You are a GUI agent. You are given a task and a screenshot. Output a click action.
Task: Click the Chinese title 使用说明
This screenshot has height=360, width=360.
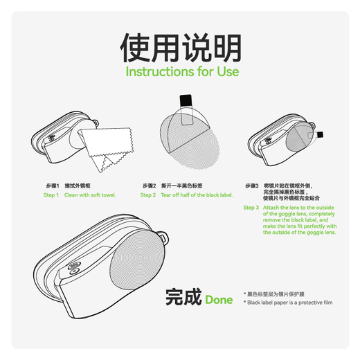[180, 48]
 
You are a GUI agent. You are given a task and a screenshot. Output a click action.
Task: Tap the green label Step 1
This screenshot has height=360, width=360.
[51, 195]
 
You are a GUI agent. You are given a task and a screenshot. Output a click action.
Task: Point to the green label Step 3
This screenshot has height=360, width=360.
[251, 207]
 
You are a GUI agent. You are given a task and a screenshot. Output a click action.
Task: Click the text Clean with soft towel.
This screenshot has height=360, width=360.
[90, 195]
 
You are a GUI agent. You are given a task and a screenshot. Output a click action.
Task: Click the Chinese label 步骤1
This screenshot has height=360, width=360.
[52, 186]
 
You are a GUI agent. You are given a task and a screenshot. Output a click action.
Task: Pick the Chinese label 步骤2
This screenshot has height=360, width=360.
[149, 186]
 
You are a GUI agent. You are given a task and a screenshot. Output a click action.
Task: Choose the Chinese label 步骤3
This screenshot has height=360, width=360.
[251, 186]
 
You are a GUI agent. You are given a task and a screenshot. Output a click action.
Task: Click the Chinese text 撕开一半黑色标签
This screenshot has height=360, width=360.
[181, 186]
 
